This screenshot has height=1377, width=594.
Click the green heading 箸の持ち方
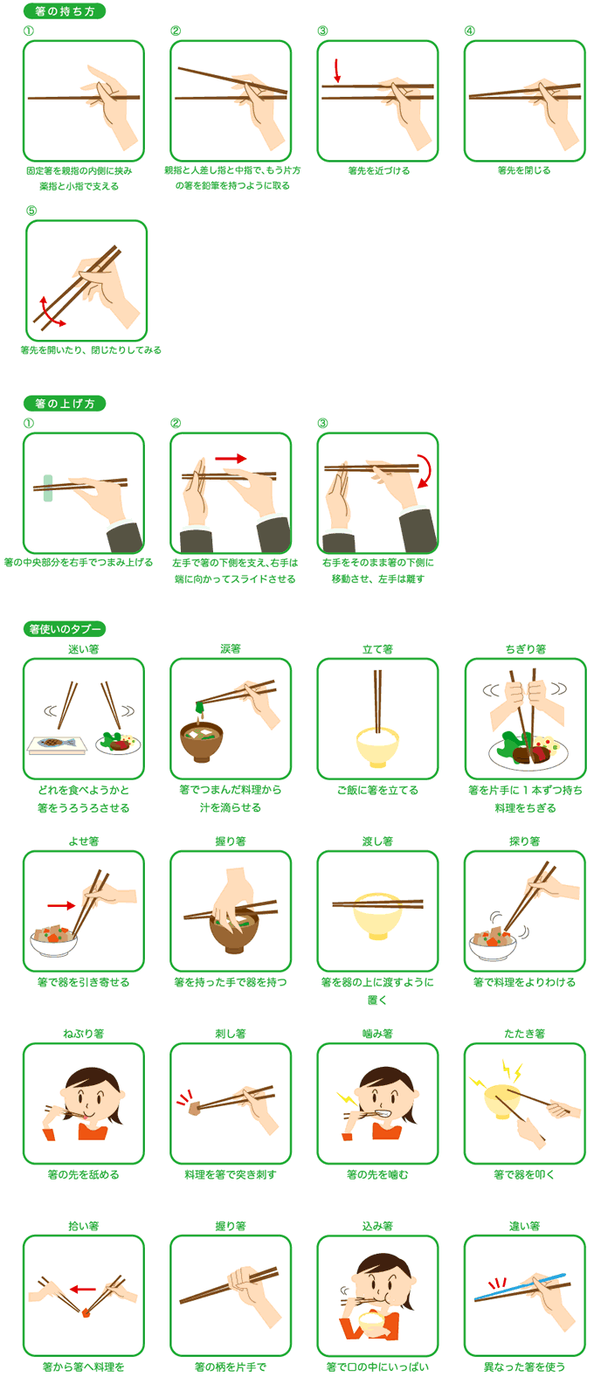pyautogui.click(x=64, y=11)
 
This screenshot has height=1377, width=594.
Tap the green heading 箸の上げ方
pyautogui.click(x=64, y=404)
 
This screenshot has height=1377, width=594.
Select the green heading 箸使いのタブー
pyautogui.click(x=64, y=629)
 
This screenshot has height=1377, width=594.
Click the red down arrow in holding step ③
pyautogui.click(x=337, y=70)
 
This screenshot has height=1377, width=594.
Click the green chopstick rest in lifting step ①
pyautogui.click(x=48, y=488)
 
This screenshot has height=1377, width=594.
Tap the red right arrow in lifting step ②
pyautogui.click(x=231, y=459)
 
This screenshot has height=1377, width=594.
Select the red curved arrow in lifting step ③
pyautogui.click(x=427, y=471)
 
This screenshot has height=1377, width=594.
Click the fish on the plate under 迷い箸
pyautogui.click(x=56, y=742)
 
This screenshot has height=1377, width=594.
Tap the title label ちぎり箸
pyautogui.click(x=525, y=649)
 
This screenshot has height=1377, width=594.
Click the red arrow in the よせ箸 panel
pyautogui.click(x=61, y=905)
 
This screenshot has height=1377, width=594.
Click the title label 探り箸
pyautogui.click(x=524, y=841)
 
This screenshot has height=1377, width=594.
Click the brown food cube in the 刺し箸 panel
pyautogui.click(x=195, y=1109)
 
